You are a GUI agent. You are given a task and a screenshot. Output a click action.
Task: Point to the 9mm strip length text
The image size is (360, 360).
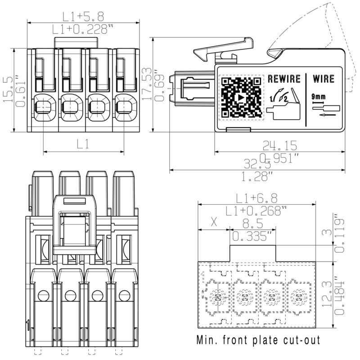pos(318,96)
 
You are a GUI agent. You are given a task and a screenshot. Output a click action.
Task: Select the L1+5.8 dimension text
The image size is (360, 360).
pos(83,17)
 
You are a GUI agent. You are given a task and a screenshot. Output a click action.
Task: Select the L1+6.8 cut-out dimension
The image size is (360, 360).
pos(257,198)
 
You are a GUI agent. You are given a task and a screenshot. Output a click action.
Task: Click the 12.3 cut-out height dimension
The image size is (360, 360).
pos(341,295)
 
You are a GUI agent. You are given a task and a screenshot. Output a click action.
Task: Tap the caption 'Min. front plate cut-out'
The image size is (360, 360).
pos(259,340)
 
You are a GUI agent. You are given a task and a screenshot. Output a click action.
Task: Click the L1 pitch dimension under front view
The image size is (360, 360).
pos(83,144)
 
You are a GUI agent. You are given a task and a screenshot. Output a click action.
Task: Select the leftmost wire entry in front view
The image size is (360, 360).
pos(43,107)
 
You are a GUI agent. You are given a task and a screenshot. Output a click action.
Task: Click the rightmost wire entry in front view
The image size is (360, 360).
pos(123,107)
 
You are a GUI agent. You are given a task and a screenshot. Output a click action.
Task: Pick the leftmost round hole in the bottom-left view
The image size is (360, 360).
pos(43,296)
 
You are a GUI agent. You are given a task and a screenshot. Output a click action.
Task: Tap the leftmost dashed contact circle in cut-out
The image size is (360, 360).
pos(218,297)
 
